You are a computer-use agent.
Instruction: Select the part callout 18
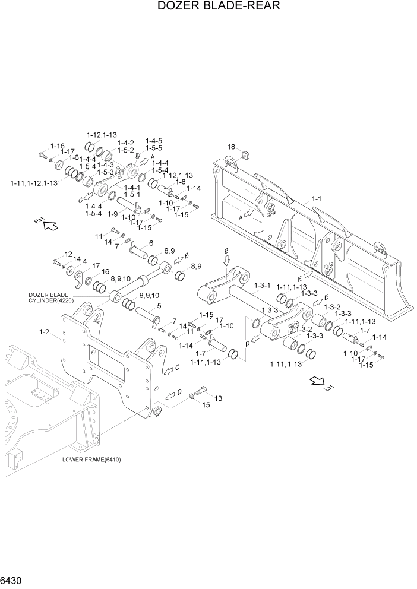(231, 147)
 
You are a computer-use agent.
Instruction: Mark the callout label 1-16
(58, 145)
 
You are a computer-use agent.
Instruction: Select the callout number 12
(68, 254)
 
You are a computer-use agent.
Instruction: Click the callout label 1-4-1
(129, 187)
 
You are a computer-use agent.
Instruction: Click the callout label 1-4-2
(125, 143)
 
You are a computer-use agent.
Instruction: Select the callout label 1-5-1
(129, 194)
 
